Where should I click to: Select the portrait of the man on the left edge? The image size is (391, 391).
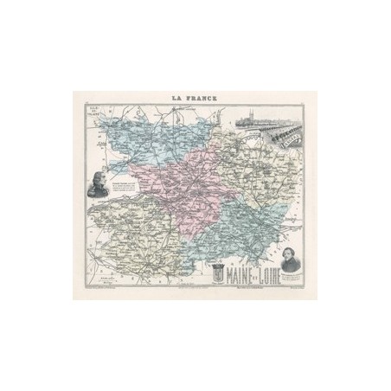pyautogui.click(x=101, y=186)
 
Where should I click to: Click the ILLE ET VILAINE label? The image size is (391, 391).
pyautogui.click(x=97, y=120)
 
